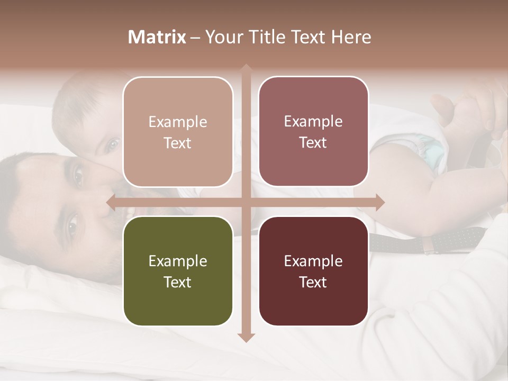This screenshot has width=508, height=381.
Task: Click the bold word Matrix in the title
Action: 157,37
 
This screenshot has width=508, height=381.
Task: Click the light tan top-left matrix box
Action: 178,132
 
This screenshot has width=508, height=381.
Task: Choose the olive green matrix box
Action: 178,271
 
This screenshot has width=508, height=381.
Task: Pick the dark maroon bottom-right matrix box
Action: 313,271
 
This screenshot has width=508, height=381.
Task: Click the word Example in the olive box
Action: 178,261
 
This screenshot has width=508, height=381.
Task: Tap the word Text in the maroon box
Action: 313,282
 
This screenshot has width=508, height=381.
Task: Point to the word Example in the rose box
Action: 313,121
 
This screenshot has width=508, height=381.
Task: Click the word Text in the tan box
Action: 178,143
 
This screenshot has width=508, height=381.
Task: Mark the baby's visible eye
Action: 112,143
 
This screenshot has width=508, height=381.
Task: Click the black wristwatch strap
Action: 423,241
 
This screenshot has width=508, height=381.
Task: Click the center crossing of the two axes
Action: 246,202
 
